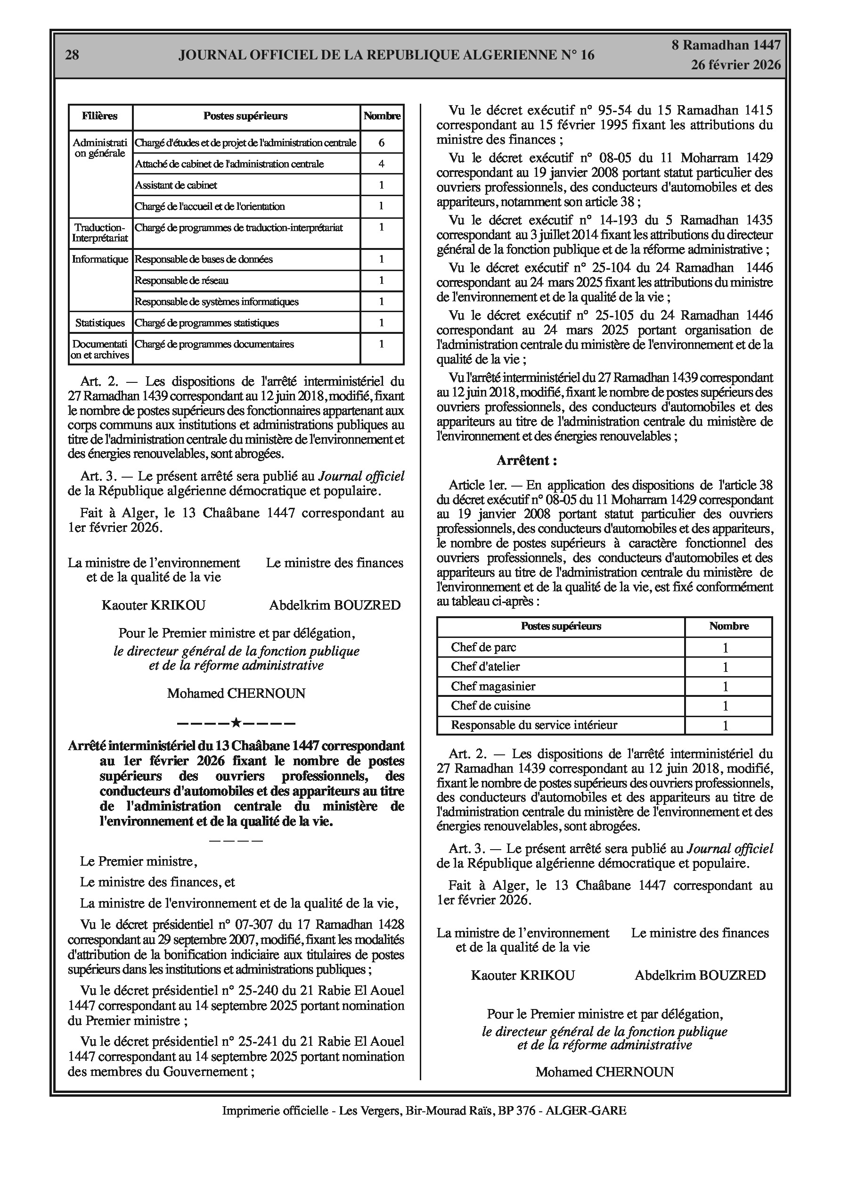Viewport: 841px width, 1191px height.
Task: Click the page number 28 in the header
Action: point(72,55)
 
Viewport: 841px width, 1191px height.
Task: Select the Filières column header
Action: point(99,116)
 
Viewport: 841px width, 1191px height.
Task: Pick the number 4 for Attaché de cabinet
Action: point(382,164)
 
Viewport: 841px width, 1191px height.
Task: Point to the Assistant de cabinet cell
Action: point(176,185)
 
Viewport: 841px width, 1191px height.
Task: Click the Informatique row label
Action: point(100,259)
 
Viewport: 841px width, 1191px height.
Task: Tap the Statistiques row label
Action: point(100,323)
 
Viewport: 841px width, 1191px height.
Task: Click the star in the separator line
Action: point(236,722)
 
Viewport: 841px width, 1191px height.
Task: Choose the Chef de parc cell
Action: point(483,647)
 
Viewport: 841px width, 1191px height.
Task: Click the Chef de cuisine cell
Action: point(490,705)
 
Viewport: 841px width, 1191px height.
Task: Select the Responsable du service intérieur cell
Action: point(534,725)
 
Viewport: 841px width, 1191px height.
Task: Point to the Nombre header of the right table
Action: point(728,626)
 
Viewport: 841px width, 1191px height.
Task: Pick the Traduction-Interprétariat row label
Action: point(100,233)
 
